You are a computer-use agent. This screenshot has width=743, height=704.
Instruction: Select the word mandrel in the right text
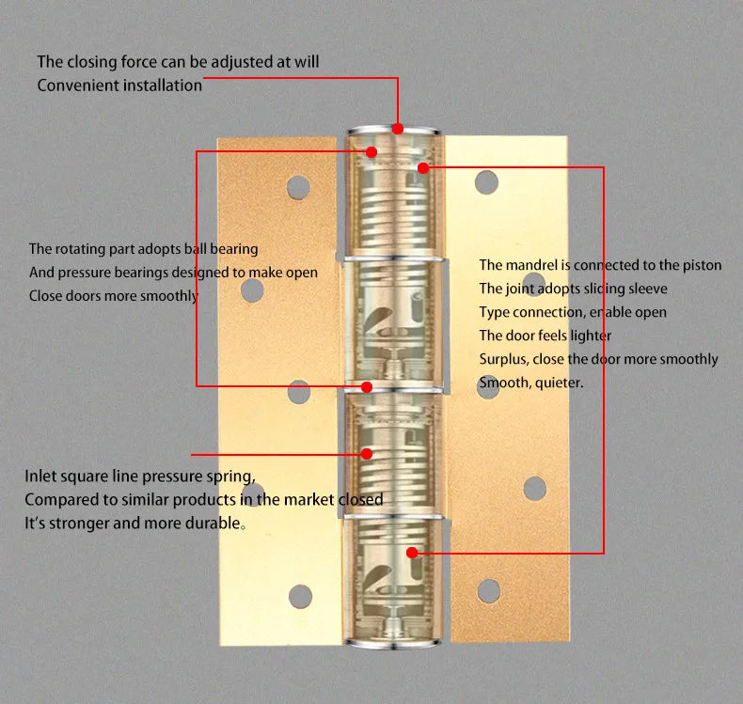(x=533, y=265)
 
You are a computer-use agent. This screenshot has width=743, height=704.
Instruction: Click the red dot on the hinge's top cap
(x=398, y=128)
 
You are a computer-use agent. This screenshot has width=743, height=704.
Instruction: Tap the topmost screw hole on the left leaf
(x=298, y=186)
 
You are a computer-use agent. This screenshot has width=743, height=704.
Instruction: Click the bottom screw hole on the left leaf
(x=300, y=594)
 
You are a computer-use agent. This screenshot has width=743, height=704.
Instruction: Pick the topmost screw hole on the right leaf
(x=486, y=181)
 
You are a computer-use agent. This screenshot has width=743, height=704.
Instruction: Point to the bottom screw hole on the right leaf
(x=489, y=590)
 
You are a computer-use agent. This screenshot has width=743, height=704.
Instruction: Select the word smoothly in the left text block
(x=170, y=296)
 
